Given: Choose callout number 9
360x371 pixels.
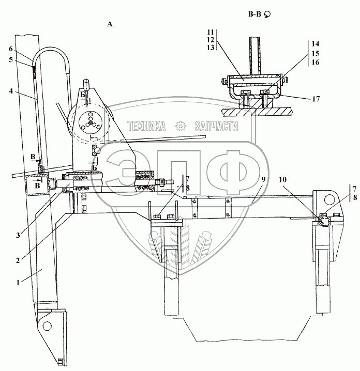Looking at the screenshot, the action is (263, 179).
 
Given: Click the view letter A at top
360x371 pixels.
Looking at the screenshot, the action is (109, 24).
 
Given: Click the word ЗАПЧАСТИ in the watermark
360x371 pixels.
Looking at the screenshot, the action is (216, 126).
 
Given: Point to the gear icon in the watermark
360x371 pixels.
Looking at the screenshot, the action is (180, 126).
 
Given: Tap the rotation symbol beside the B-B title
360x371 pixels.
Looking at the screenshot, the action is (267, 16).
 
